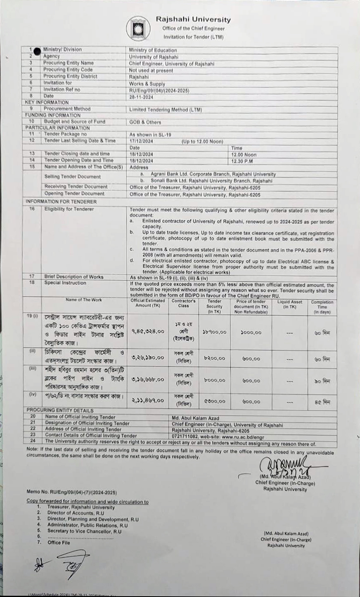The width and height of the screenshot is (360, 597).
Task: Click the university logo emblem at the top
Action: tap(138, 29)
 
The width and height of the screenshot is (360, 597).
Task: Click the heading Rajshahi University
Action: tap(193, 19)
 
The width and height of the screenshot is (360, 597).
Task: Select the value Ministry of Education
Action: tap(153, 50)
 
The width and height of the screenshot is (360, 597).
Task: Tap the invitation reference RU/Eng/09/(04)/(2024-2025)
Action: tap(159, 90)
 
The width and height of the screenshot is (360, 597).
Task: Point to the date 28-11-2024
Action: tap(142, 96)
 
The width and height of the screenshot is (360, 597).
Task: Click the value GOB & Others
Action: tap(145, 122)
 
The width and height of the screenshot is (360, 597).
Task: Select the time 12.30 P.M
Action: tap(242, 160)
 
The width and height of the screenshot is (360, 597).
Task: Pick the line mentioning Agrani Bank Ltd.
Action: tap(213, 175)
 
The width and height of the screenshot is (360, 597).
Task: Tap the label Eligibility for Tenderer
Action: tap(69, 209)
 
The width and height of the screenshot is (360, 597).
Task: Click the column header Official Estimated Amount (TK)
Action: tap(148, 303)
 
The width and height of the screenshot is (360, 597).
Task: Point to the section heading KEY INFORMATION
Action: tap(47, 102)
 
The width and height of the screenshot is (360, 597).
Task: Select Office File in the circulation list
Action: tap(59, 543)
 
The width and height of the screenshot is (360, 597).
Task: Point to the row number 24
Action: tap(33, 441)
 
